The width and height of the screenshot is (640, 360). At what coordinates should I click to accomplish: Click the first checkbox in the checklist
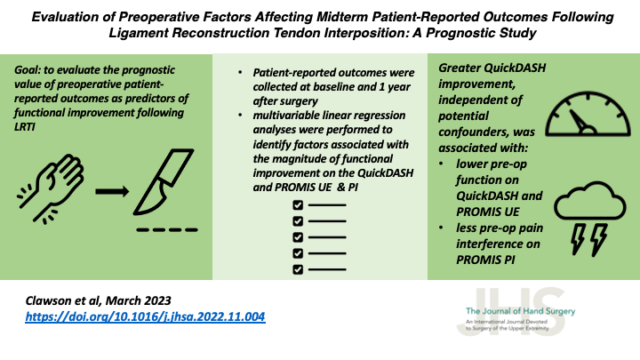[x=298, y=205]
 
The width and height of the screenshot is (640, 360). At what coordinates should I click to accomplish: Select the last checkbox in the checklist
[x=298, y=269]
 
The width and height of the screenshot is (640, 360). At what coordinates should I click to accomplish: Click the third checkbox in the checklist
[x=298, y=237]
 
